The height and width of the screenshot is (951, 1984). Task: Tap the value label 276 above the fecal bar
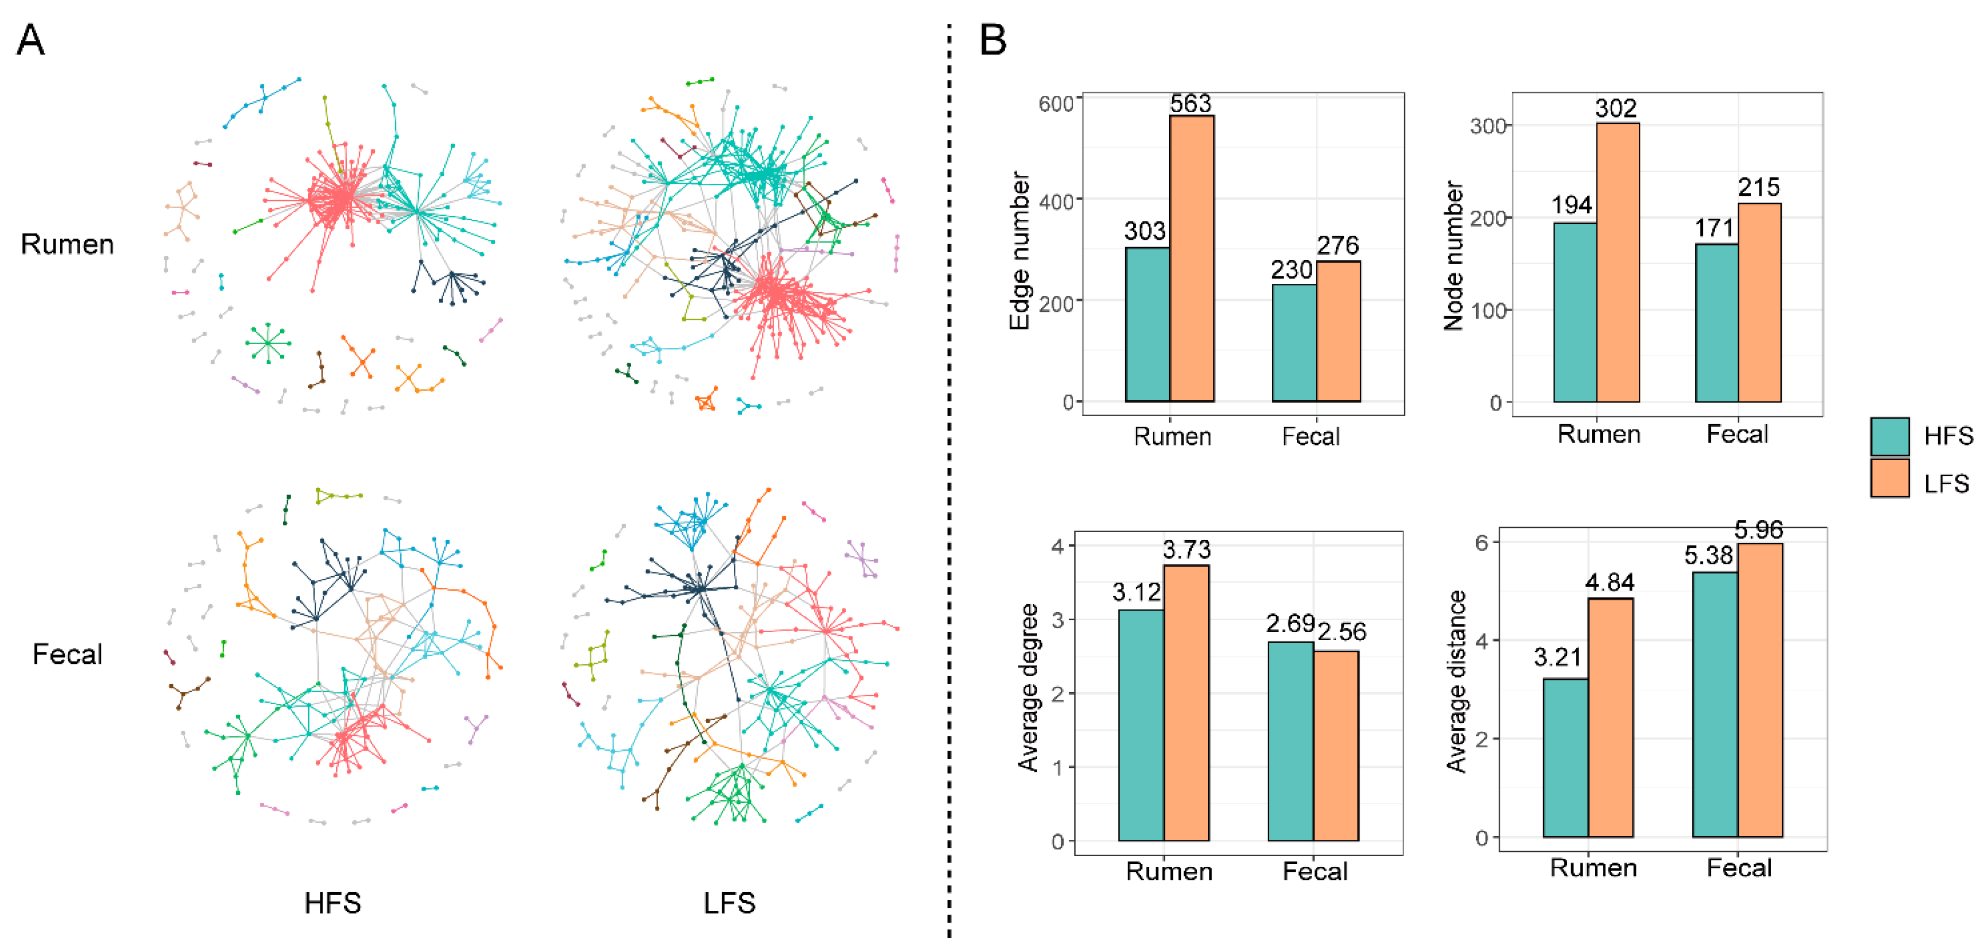coord(1338,246)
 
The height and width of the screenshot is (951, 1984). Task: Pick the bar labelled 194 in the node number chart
coord(1575,312)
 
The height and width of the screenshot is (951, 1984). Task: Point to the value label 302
coord(1616,108)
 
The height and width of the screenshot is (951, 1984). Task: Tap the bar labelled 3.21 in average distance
coord(1565,758)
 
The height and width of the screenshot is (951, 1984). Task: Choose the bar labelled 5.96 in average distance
coord(1760,690)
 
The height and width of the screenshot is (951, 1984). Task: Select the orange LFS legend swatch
coord(1889,478)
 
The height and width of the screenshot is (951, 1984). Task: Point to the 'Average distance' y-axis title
coord(1455,681)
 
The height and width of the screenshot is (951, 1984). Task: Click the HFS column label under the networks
coord(333,902)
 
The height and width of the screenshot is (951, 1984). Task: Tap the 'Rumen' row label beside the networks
coord(68,244)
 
